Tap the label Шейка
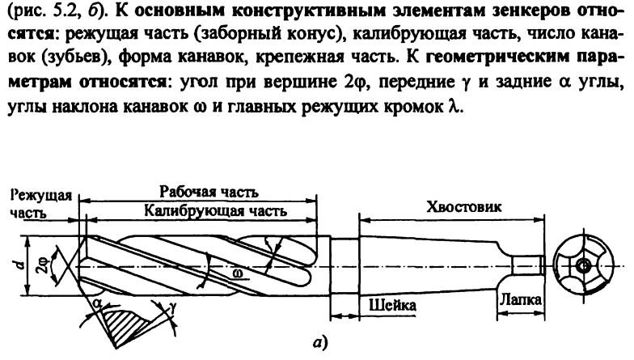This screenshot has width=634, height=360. pyautogui.click(x=391, y=307)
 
